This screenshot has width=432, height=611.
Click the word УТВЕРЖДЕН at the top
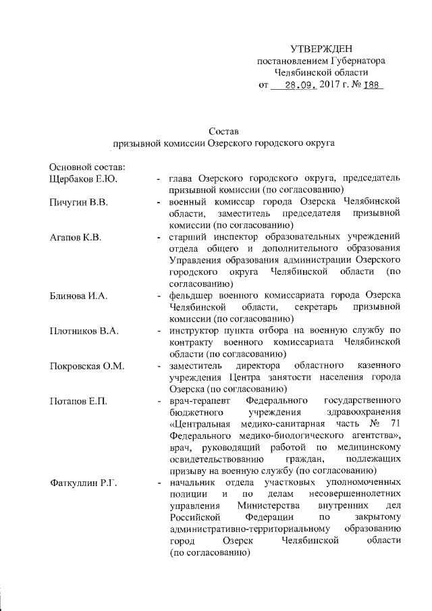click(321, 49)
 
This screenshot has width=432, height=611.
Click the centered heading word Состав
click(223, 131)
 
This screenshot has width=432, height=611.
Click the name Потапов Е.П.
click(78, 402)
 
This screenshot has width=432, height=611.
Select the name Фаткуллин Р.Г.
click(84, 483)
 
